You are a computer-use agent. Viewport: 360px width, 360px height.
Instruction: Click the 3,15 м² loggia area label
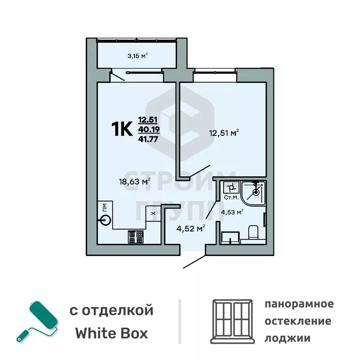(137, 55)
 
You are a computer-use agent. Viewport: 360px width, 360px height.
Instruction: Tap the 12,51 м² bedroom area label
(224, 133)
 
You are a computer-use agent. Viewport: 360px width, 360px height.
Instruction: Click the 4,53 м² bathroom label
(232, 212)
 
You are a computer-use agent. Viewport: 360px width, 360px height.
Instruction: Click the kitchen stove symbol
(135, 237)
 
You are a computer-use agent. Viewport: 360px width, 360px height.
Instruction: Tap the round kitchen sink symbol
(106, 220)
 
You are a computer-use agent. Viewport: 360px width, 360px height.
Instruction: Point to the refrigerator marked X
(153, 214)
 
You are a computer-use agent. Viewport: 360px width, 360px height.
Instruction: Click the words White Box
(112, 333)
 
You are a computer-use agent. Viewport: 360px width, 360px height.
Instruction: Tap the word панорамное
(299, 304)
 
